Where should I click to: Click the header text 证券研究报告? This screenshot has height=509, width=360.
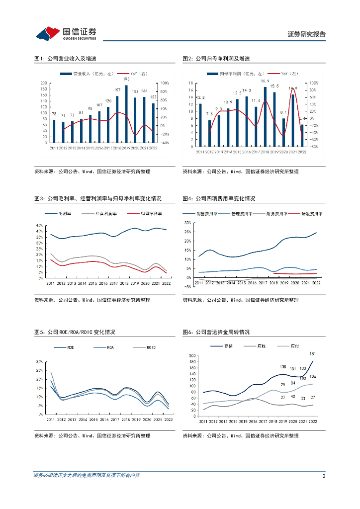point(306,34)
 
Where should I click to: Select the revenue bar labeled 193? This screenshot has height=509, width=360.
point(126,114)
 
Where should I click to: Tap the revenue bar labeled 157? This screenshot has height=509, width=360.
point(117,119)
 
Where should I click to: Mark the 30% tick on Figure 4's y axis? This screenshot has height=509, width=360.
point(187,223)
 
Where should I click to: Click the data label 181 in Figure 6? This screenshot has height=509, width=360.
point(313,354)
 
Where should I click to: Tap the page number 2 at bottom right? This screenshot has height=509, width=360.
point(324,476)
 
